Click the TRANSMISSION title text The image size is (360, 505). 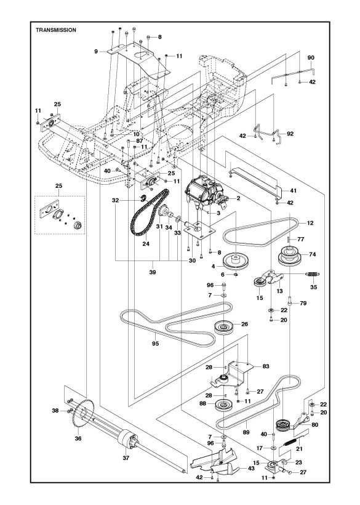(x=56, y=30)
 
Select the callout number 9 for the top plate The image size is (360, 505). (x=96, y=52)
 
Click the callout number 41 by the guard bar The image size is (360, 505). (x=293, y=190)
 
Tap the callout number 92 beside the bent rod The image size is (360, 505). (x=290, y=132)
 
